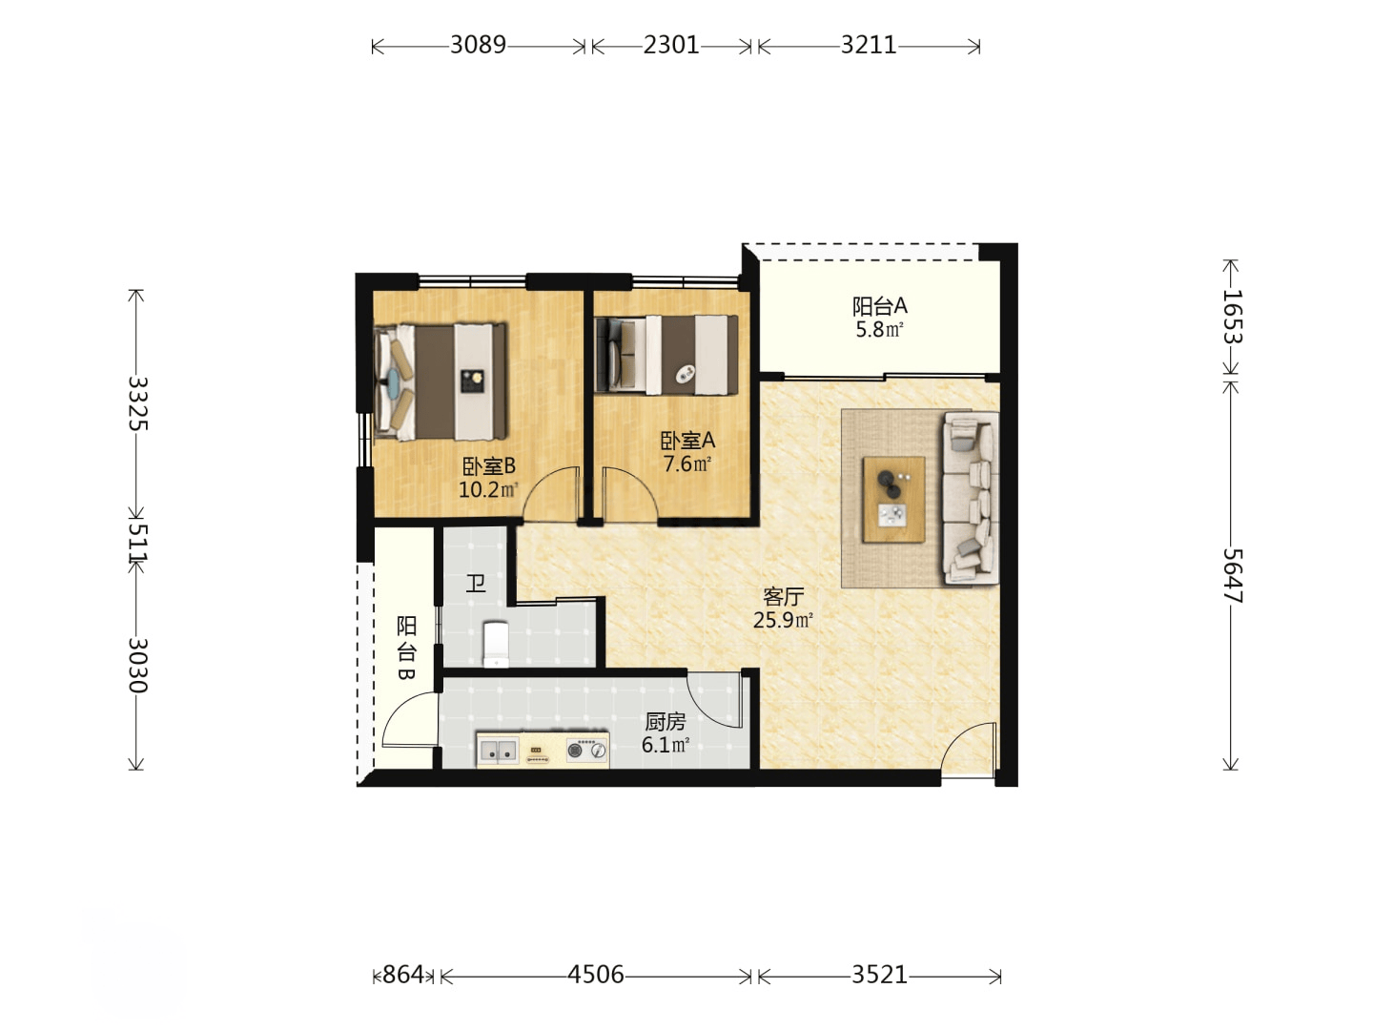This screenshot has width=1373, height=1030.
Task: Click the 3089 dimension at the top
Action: pos(478,45)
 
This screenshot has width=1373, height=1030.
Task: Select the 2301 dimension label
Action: pos(671,45)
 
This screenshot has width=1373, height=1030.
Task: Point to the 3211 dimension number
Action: pos(869,45)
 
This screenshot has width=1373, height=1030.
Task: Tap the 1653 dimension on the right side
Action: pos(1232,317)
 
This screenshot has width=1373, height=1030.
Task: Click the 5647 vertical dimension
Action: pos(1232,575)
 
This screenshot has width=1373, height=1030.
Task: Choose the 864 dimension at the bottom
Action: pos(402,975)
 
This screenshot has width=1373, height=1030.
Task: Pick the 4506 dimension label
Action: pos(596,975)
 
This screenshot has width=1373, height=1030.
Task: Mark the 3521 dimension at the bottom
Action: pos(879,975)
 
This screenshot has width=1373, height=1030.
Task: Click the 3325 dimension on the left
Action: pos(137,403)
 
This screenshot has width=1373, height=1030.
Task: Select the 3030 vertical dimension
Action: pos(137,666)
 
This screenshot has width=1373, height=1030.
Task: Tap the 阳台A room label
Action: pos(879,306)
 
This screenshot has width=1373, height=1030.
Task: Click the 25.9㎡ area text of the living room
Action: pos(783,620)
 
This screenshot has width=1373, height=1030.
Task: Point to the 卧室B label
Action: pos(489,466)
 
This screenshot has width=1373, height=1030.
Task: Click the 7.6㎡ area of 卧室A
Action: pos(686,464)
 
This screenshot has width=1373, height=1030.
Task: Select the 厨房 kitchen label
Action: pos(666,722)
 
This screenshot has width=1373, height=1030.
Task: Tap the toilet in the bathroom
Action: pos(496,644)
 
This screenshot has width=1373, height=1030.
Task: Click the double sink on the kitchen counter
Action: pos(498,751)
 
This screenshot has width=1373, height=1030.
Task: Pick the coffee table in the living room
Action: pos(893,499)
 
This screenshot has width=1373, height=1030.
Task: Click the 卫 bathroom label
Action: pos(476,584)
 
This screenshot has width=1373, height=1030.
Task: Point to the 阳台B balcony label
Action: pos(406,648)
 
